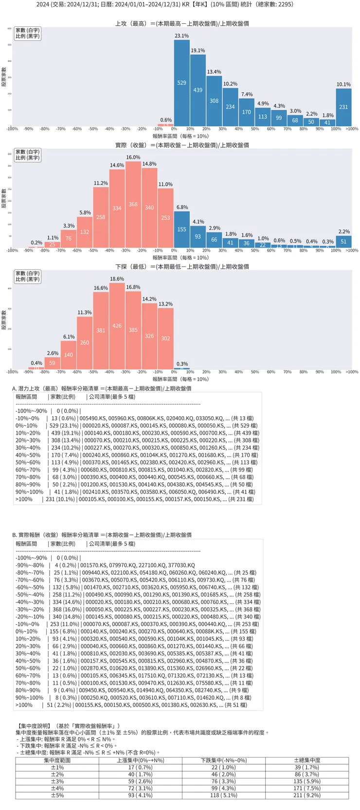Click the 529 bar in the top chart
(x=181, y=83)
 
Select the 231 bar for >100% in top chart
(x=343, y=107)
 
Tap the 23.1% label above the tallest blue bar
(x=181, y=36)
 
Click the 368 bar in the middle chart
(x=133, y=204)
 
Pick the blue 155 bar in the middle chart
(x=181, y=229)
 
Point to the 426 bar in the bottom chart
(x=117, y=326)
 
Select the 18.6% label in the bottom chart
(x=117, y=279)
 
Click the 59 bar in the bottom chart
(x=52, y=363)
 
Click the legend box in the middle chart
(x=27, y=155)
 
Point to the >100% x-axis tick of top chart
(x=351, y=129)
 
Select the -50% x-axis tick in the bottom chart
(x=93, y=372)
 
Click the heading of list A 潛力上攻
(x=102, y=388)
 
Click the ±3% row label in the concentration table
(x=57, y=781)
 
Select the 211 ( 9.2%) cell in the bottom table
(x=307, y=795)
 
